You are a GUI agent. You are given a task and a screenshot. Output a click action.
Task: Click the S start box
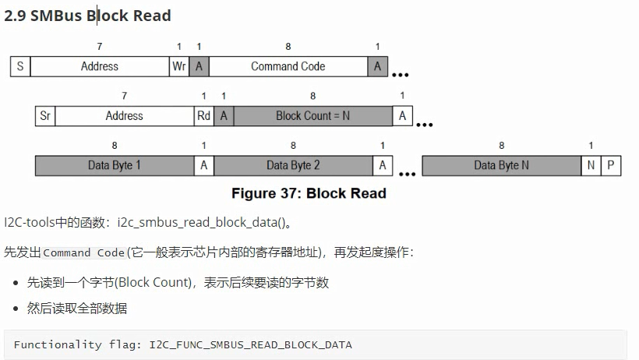point(19,66)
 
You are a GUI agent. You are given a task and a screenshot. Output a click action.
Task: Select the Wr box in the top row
point(179,66)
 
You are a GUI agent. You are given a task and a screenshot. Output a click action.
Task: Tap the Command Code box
point(288,66)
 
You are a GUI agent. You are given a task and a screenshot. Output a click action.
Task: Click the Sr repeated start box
point(45,116)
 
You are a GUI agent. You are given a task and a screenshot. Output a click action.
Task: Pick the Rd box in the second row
point(203,116)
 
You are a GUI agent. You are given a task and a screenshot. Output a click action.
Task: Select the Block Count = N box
point(312,116)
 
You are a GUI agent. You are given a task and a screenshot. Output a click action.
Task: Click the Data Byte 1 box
point(115,165)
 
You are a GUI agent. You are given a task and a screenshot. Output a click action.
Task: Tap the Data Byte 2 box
point(293,165)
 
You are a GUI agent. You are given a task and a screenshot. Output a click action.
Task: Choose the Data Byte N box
point(501,165)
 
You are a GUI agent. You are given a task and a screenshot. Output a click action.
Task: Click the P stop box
point(611,165)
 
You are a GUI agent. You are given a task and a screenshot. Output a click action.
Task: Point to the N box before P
point(591,165)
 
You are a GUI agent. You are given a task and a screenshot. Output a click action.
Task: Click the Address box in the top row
point(100,66)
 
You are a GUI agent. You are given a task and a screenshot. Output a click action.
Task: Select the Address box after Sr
point(125,116)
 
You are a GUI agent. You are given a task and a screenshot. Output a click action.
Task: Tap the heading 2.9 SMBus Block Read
point(87,15)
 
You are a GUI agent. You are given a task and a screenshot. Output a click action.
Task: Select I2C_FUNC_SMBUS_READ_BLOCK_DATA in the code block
point(250,344)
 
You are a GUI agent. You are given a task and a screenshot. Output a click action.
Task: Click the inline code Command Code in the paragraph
point(84,252)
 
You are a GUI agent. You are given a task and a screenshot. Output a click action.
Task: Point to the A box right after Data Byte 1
point(204,165)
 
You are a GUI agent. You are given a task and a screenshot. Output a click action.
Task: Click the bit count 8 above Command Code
point(288,47)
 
